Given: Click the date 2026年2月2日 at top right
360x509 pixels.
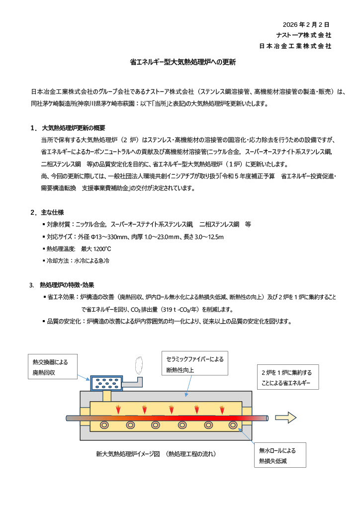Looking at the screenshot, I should tap(306, 24).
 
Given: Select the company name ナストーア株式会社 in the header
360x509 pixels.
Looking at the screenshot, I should tap(304, 35).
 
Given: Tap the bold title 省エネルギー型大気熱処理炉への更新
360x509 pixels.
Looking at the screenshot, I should tap(180, 63).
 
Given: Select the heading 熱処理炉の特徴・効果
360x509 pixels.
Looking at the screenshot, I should tap(67, 285).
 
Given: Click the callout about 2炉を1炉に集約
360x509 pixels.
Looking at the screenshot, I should tap(287, 378).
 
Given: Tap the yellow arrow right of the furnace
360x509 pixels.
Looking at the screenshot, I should tap(285, 417).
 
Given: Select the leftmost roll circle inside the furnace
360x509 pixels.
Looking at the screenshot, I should tap(105, 425).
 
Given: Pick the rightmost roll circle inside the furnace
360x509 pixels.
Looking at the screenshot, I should tap(233, 425).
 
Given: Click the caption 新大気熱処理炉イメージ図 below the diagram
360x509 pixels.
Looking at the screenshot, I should tap(156, 453).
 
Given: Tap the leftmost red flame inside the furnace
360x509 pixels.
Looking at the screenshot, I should tap(118, 410).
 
